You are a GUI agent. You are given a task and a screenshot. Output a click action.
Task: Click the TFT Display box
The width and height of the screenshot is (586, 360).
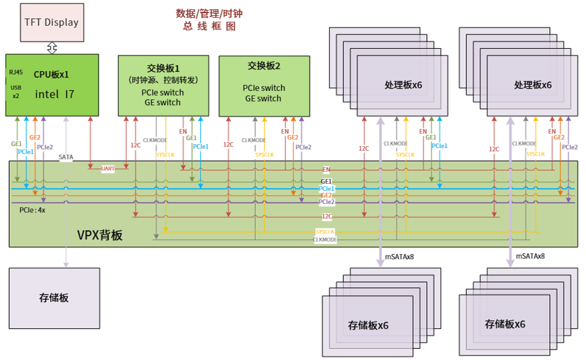click(x=51, y=22)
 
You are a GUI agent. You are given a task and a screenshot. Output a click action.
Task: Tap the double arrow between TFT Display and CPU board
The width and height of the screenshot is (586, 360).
click(x=51, y=48)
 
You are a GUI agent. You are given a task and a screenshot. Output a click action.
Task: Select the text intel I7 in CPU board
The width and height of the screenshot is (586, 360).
click(x=55, y=94)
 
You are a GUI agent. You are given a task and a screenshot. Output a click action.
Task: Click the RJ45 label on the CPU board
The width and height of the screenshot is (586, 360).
click(x=15, y=72)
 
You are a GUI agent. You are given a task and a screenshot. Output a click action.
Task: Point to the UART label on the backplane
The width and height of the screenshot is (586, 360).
click(x=108, y=168)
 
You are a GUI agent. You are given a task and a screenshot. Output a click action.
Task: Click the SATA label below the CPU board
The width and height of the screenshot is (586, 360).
click(x=66, y=157)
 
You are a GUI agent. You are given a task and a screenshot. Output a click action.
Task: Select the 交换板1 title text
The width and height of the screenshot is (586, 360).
click(x=163, y=68)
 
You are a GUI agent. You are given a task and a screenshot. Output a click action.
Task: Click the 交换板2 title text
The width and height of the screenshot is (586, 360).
click(x=264, y=66)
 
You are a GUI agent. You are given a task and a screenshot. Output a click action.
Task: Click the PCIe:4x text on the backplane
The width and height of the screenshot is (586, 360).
click(x=32, y=210)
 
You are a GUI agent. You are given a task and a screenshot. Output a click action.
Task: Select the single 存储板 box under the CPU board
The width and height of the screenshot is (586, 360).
click(x=54, y=297)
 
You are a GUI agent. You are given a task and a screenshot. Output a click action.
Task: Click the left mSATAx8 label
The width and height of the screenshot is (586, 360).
click(x=399, y=256)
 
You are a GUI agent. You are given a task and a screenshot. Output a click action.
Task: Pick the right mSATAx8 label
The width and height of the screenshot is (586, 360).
click(x=530, y=256)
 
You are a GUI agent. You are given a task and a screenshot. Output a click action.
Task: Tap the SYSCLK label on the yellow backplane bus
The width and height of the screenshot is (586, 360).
click(x=325, y=232)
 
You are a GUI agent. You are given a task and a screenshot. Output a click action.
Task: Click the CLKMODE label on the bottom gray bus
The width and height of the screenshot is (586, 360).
click(x=325, y=240)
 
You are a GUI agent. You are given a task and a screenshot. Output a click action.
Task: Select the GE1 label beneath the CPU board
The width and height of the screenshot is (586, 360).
click(x=16, y=143)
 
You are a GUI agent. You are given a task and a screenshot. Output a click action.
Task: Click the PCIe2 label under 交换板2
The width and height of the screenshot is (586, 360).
click(x=303, y=147)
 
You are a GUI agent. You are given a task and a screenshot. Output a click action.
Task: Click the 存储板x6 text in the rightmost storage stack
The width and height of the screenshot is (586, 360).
click(x=504, y=324)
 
